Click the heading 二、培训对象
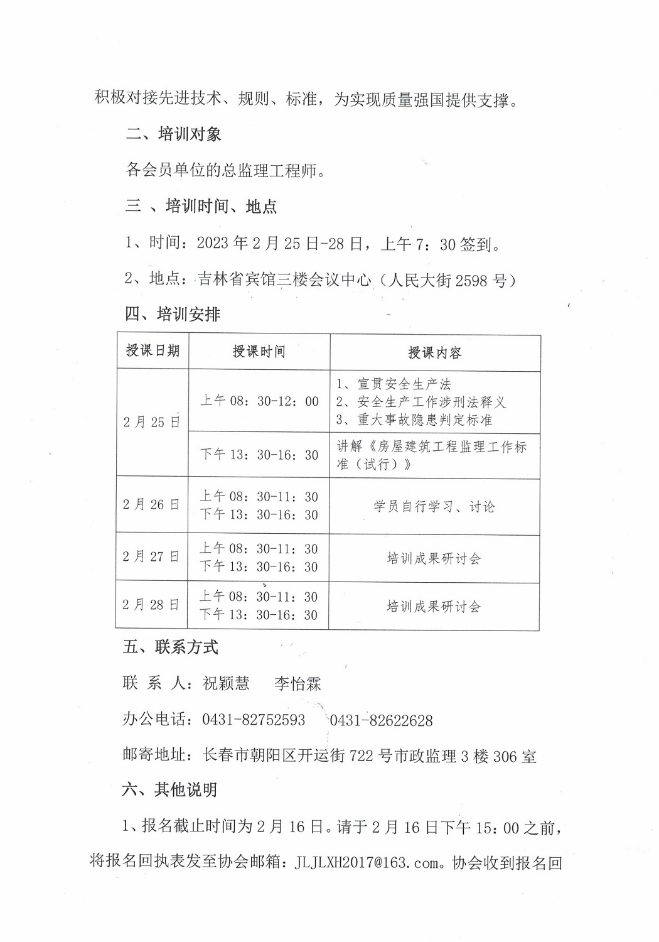tap(173, 134)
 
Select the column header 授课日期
tap(153, 351)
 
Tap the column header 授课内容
tap(434, 352)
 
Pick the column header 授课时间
tap(259, 352)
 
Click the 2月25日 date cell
tap(151, 422)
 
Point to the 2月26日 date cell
tap(151, 505)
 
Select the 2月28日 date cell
tap(151, 605)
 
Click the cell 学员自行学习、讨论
tap(434, 506)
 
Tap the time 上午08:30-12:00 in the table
tap(259, 401)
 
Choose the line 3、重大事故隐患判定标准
tap(414, 420)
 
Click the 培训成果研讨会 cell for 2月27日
tap(434, 558)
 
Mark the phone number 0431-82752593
tap(254, 720)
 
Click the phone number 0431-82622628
tap(381, 720)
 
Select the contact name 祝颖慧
tap(226, 683)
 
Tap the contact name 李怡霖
tap(297, 683)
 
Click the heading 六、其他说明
tap(169, 790)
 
